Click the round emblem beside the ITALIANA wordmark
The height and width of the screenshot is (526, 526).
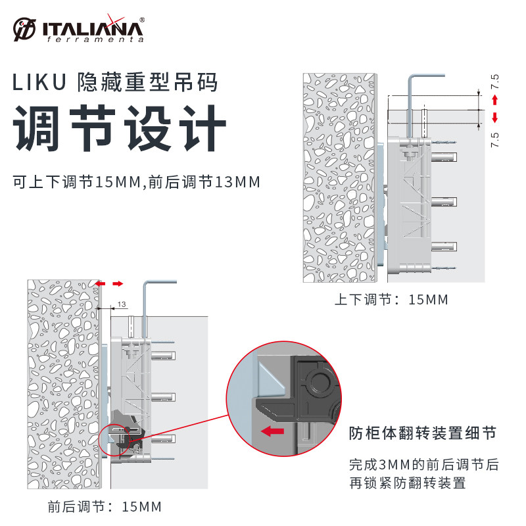[x=25, y=30]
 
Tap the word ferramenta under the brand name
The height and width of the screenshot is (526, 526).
[x=95, y=39]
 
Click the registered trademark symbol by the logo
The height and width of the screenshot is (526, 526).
[x=142, y=20]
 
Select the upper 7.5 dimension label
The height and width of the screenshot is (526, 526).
[x=495, y=83]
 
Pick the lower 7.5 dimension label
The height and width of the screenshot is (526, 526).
[x=495, y=140]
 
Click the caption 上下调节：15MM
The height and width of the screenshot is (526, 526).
[x=391, y=300]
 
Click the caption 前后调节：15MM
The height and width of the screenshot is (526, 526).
[x=105, y=507]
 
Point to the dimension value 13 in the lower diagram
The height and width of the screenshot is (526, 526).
[x=122, y=304]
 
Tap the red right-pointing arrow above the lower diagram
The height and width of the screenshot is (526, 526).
[x=117, y=283]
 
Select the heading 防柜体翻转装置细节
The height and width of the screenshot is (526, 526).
[x=421, y=433]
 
